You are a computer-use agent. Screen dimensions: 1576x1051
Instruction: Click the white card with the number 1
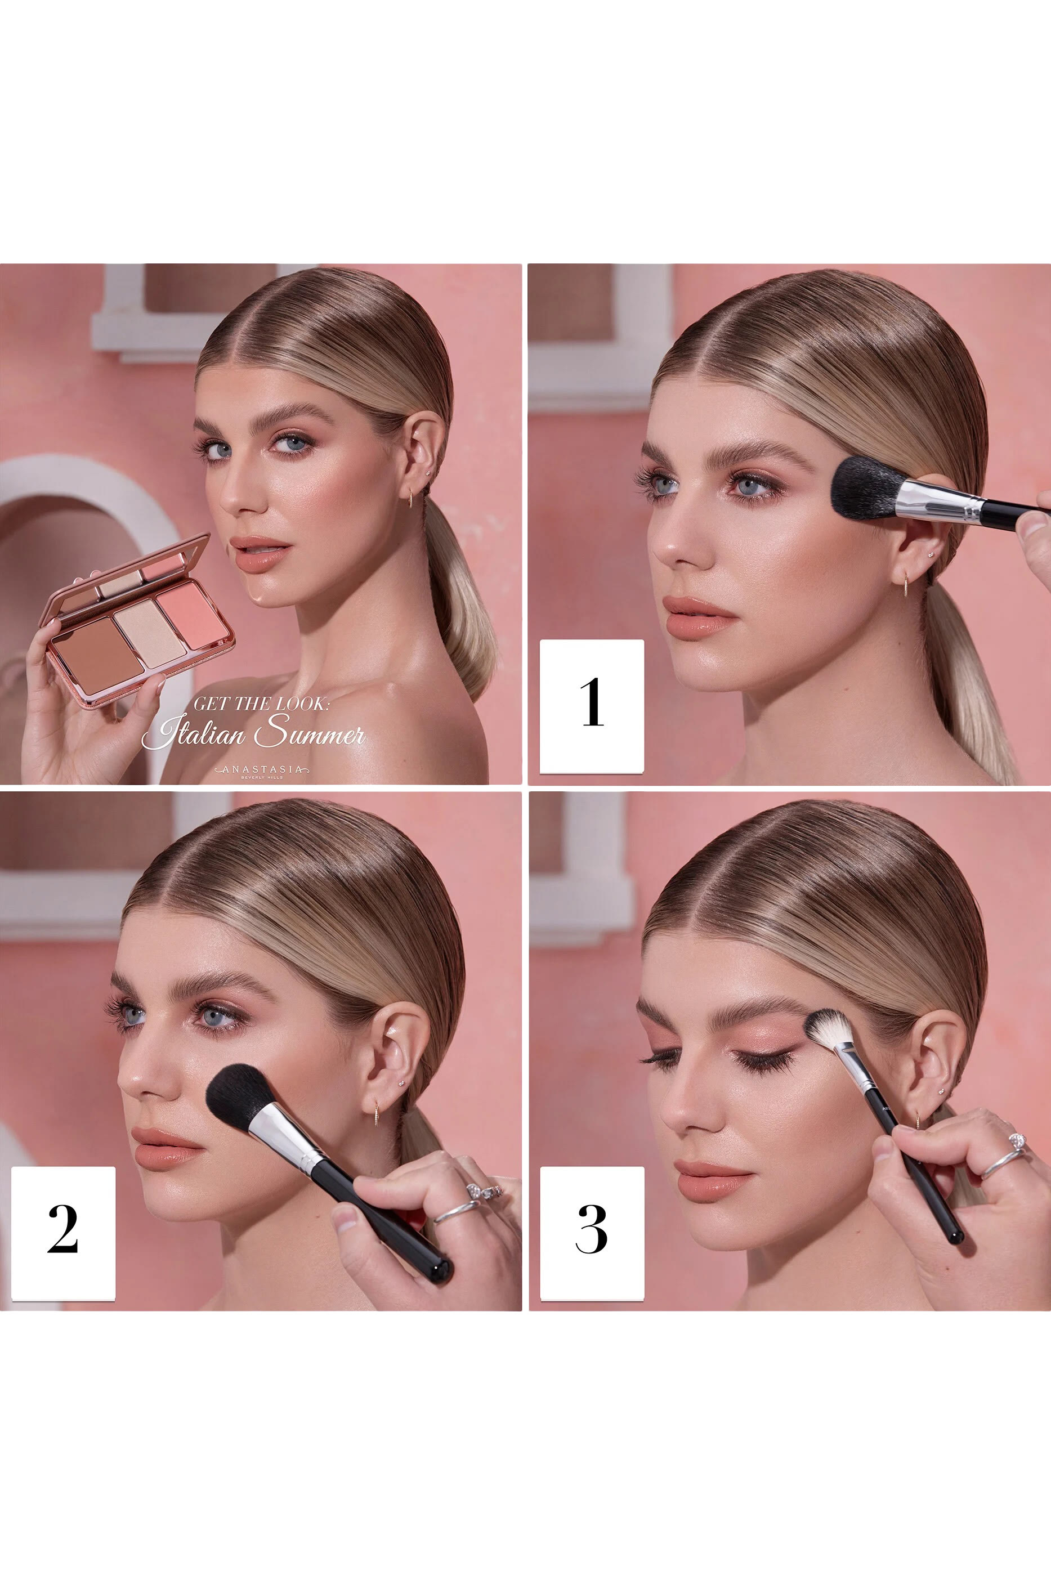[592, 706]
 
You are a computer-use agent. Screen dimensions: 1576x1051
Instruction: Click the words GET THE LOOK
[261, 704]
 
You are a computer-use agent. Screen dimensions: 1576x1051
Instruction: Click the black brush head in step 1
[865, 489]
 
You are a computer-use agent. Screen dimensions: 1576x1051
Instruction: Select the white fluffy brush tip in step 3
[828, 1030]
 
